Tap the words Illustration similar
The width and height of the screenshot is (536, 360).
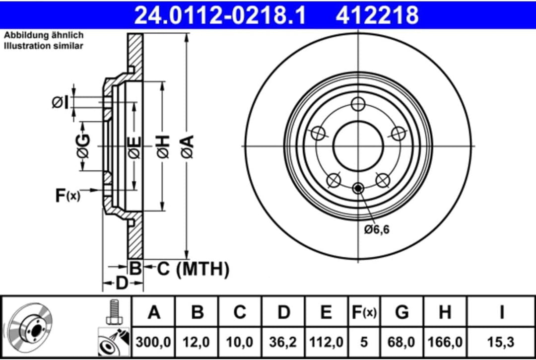44,46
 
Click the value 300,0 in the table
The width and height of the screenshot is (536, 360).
154,342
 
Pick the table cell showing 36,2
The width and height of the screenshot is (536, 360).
283,342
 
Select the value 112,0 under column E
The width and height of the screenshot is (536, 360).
326,342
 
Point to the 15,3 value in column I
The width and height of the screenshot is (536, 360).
501,342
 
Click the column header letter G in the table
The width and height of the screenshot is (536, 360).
402,312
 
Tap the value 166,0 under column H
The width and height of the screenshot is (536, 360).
445,342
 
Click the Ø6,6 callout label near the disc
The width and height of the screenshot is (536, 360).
376,229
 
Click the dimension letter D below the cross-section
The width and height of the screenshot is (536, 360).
122,284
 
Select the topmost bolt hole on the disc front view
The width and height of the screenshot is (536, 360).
358,104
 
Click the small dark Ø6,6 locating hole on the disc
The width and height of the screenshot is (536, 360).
358,188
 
